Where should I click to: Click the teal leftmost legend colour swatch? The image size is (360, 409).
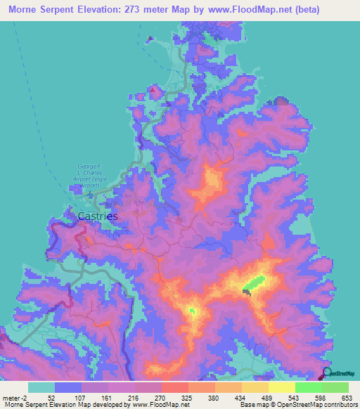(x=41, y=387)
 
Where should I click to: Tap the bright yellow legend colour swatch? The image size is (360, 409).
(x=282, y=387)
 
